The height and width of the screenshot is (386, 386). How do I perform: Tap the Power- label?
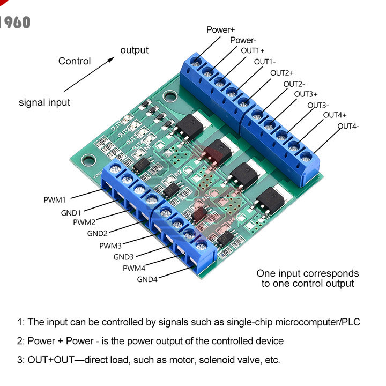coord(243,41)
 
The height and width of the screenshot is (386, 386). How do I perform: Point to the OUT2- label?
coord(294,84)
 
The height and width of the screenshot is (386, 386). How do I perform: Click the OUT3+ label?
coord(306,94)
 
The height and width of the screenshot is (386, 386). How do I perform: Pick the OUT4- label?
coord(348,127)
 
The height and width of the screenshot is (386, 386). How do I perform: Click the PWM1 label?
coord(55,200)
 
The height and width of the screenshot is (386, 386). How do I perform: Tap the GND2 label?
coord(98,233)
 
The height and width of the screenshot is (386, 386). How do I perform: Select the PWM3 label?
coord(110,246)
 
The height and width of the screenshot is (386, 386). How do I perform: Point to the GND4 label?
coord(147,279)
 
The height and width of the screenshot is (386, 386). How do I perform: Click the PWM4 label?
coord(134,268)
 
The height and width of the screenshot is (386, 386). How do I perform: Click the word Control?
coord(75,61)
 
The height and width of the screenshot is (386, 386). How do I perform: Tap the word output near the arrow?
coord(134,50)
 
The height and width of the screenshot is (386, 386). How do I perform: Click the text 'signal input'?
coord(44,102)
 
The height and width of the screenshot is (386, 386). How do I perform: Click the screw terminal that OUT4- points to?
coord(306,157)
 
